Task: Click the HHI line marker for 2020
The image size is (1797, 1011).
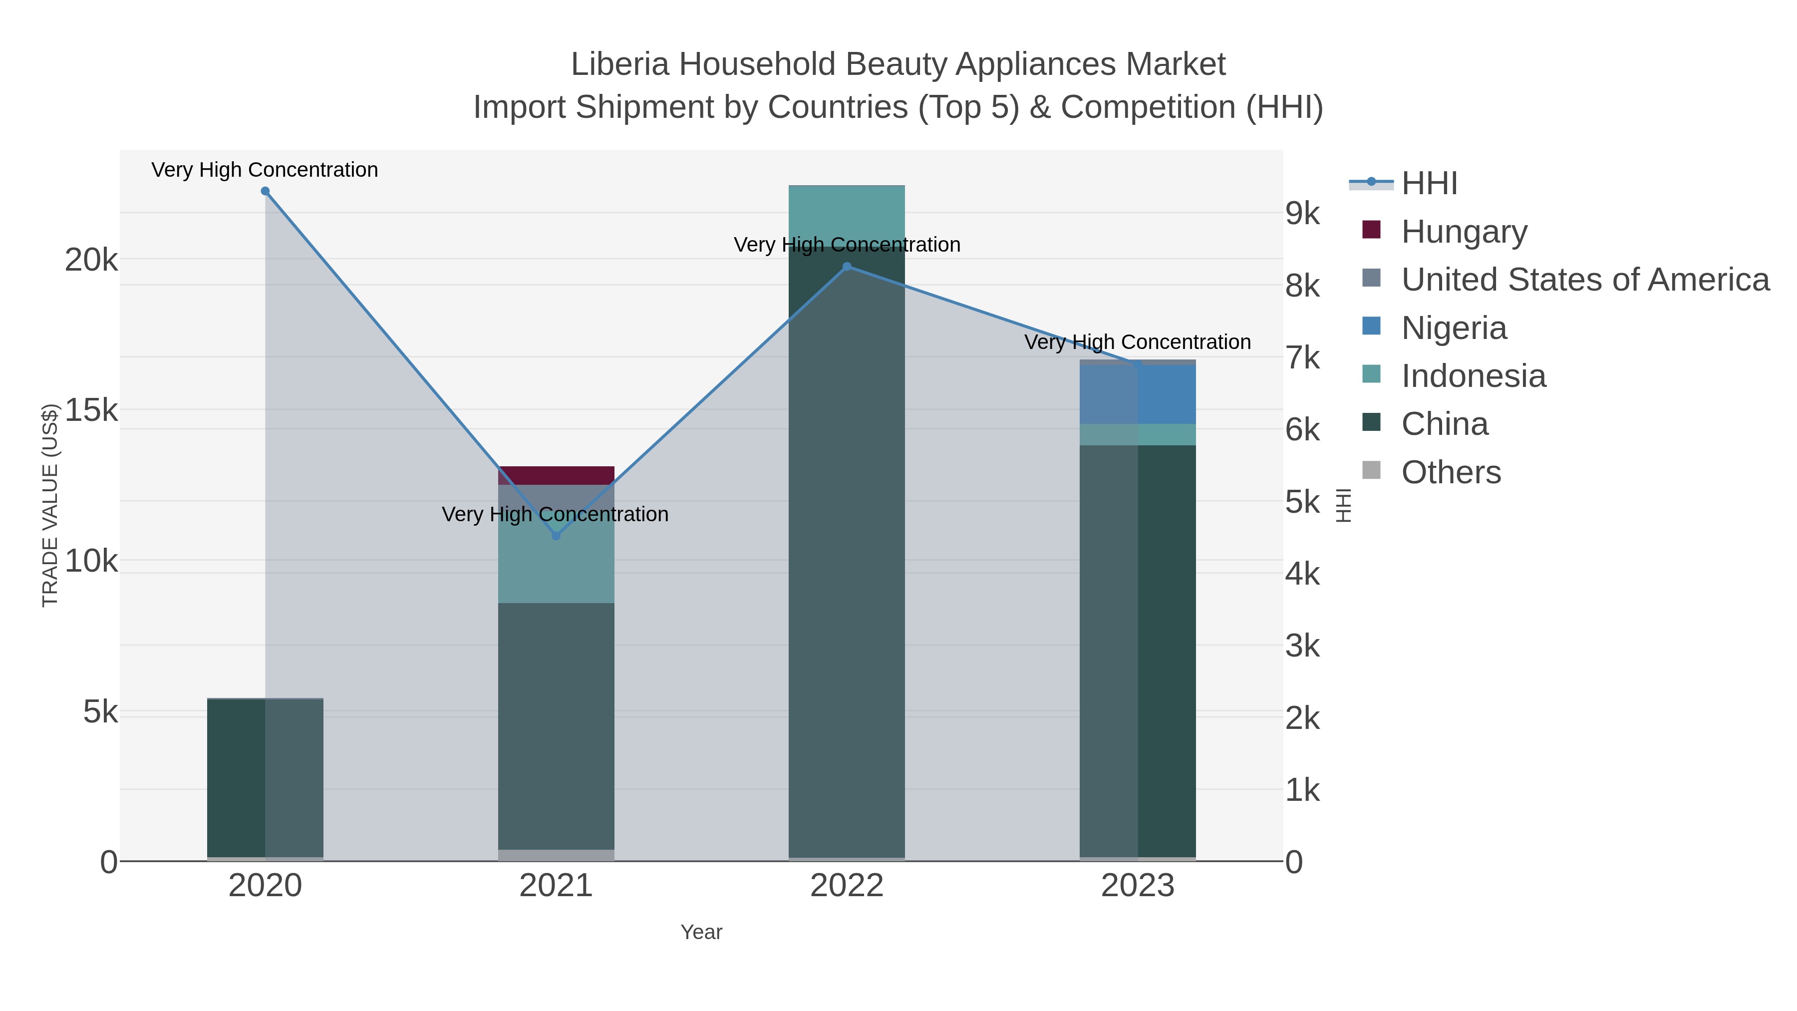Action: pyautogui.click(x=265, y=191)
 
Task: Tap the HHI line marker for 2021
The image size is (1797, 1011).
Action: pyautogui.click(x=556, y=536)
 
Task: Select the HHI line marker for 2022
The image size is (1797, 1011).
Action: pyautogui.click(x=847, y=267)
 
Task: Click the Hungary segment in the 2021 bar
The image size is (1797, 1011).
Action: pyautogui.click(x=556, y=475)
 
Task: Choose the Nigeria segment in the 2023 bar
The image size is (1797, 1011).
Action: pyautogui.click(x=1138, y=394)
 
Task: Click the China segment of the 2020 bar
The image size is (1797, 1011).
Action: pyautogui.click(x=265, y=778)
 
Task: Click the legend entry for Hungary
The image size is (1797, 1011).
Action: pyautogui.click(x=1464, y=232)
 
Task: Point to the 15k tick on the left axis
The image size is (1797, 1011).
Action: pyautogui.click(x=91, y=410)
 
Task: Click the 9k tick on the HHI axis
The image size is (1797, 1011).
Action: pyautogui.click(x=1302, y=214)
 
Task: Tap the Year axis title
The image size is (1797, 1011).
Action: pyautogui.click(x=701, y=932)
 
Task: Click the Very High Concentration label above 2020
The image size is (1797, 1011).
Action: pyautogui.click(x=265, y=170)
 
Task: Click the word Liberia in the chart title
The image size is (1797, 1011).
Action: pyautogui.click(x=619, y=64)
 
